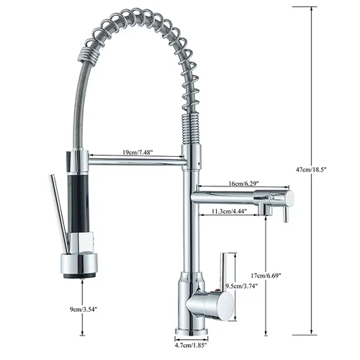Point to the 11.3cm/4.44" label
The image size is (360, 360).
[230, 212]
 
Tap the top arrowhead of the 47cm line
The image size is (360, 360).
[312, 9]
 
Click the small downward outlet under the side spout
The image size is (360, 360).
[265, 210]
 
